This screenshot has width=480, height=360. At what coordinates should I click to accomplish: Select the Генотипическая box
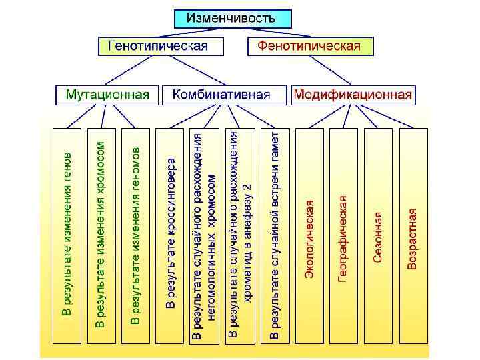point(153,46)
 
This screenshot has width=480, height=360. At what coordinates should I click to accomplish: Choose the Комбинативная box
point(221,94)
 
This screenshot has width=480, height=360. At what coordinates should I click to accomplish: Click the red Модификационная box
point(353,94)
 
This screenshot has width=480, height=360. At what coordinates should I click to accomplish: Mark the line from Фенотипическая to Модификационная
point(331,70)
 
